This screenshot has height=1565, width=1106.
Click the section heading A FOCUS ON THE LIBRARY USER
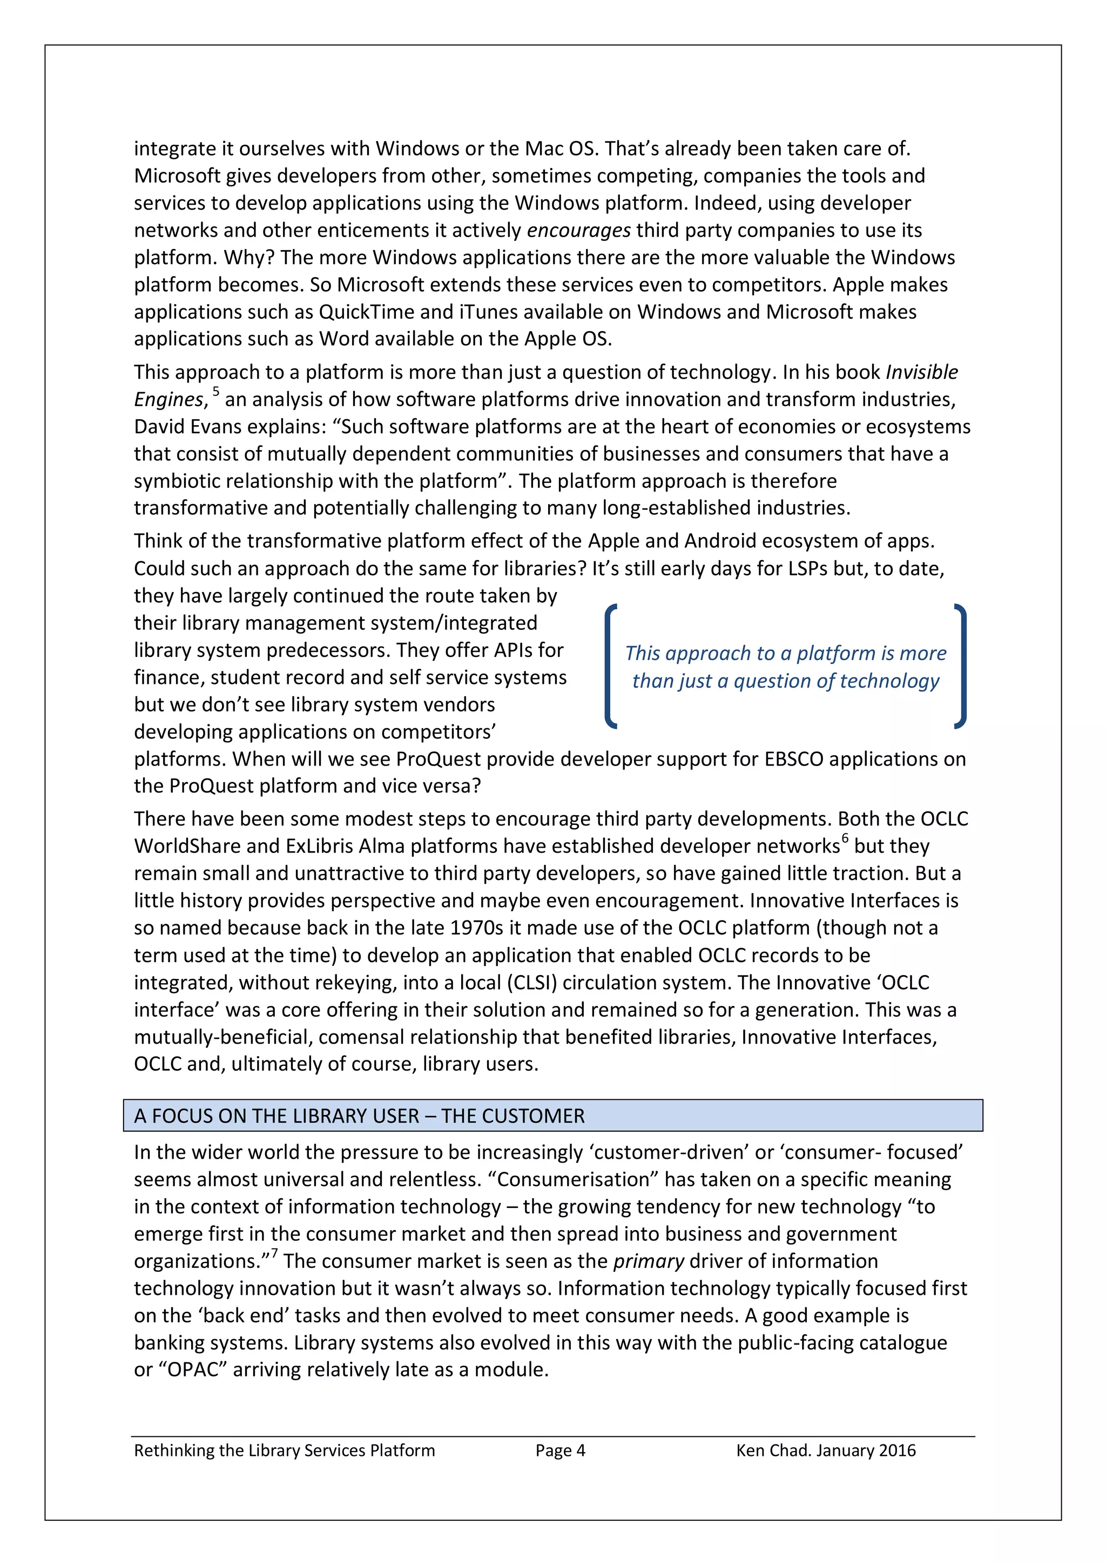pos(359,1116)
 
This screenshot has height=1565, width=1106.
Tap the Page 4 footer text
pos(560,1450)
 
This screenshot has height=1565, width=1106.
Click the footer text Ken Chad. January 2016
pos(825,1450)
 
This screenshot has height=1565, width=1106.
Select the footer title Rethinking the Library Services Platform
pos(284,1450)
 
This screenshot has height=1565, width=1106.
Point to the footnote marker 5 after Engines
pos(216,391)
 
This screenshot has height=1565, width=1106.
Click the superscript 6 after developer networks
pos(845,838)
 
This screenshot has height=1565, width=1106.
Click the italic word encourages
pos(578,230)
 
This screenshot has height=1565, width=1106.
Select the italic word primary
pos(648,1261)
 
